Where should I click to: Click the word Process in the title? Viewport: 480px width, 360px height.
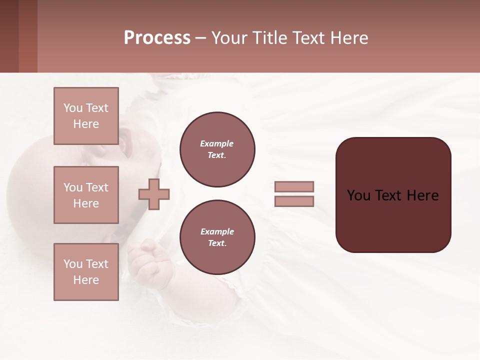click(157, 38)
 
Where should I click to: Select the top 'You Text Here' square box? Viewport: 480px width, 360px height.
click(86, 116)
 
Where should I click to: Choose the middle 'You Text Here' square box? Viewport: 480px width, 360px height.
click(86, 195)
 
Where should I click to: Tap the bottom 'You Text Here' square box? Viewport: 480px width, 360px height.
click(86, 272)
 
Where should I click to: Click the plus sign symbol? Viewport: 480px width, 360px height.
click(154, 194)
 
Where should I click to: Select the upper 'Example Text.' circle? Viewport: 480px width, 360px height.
click(217, 149)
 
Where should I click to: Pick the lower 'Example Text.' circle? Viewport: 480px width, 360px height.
click(217, 237)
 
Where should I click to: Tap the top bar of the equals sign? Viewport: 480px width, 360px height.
click(294, 186)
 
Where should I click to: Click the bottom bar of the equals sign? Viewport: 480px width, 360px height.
click(294, 201)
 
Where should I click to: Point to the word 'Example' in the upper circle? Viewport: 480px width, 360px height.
click(217, 144)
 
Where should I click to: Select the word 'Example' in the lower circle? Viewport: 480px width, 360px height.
click(217, 232)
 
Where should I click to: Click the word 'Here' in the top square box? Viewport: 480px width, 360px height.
click(86, 124)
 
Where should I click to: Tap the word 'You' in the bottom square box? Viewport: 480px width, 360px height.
click(72, 264)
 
